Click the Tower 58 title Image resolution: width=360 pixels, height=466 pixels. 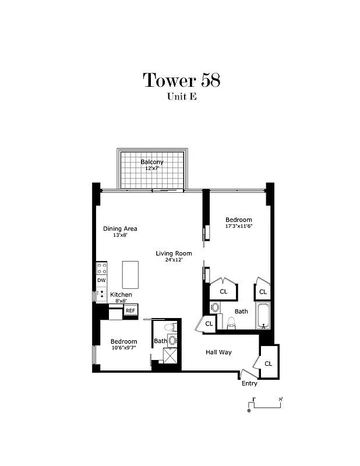coord(181,80)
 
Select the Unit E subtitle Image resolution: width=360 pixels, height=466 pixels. coord(181,97)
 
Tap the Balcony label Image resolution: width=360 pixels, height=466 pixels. coord(152,161)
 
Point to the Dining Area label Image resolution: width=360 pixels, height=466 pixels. coord(120,228)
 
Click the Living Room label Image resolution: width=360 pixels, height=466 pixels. coord(174,253)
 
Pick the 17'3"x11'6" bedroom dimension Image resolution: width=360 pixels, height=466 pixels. coord(239,226)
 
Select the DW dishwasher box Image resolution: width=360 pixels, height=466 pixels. coord(101,280)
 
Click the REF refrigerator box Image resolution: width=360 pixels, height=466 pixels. coord(130,310)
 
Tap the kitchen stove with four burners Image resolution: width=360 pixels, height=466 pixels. coord(101,268)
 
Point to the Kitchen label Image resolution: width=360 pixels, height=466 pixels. coord(121,295)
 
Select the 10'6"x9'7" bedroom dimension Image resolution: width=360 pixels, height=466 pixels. coord(123,348)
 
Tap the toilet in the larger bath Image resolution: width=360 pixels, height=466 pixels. coord(231,322)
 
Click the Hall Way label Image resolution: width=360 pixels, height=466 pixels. coord(218,352)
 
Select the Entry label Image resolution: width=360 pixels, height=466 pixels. coord(249,383)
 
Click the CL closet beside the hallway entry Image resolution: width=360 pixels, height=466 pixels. coord(269,363)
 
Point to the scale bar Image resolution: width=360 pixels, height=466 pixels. coord(266,404)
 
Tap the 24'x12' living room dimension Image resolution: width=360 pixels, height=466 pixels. coord(174,260)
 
